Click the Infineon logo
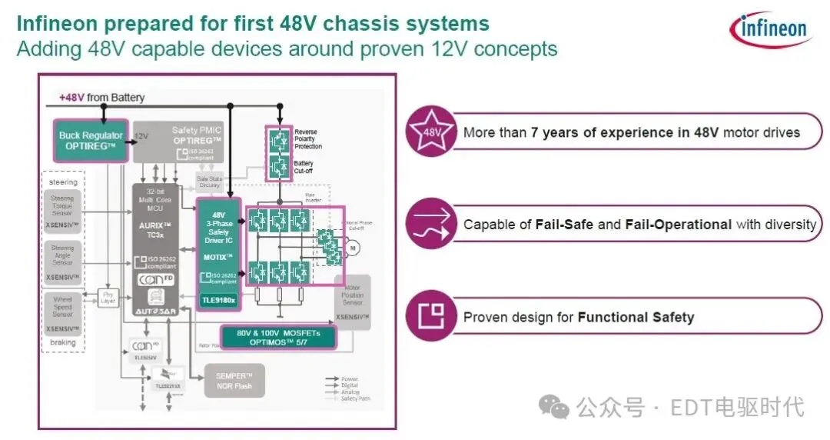click(769, 30)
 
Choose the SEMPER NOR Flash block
click(235, 381)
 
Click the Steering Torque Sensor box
click(63, 212)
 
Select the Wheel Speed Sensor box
click(63, 312)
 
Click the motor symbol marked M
click(354, 248)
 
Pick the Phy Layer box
click(107, 297)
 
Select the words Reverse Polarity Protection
click(307, 138)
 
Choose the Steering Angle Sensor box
click(63, 261)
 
